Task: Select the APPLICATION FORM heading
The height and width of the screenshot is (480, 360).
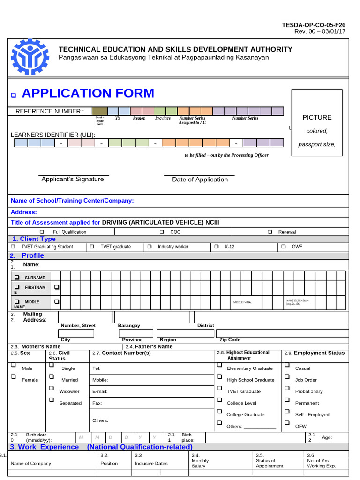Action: pyautogui.click(x=88, y=93)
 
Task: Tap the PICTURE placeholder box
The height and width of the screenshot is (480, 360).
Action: pyautogui.click(x=317, y=130)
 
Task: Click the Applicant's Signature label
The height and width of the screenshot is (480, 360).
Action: pyautogui.click(x=73, y=179)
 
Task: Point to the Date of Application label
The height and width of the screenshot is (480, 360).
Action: pyautogui.click(x=200, y=180)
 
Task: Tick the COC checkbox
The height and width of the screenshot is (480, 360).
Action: pyautogui.click(x=162, y=232)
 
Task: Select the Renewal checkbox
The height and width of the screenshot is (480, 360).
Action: pyautogui.click(x=270, y=232)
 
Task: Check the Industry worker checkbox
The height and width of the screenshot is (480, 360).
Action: pyautogui.click(x=150, y=247)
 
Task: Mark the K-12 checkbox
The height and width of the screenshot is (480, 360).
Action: pyautogui.click(x=217, y=247)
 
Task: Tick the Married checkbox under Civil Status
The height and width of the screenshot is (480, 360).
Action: pyautogui.click(x=52, y=376)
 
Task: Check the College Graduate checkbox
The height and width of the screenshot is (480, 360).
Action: pyautogui.click(x=219, y=411)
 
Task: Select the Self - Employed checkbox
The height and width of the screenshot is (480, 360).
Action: pyautogui.click(x=287, y=411)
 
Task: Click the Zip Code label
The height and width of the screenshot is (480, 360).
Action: pyautogui.click(x=230, y=339)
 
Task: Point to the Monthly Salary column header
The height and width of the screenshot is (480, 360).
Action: pyautogui.click(x=200, y=463)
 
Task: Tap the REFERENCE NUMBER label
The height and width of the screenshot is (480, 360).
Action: pyautogui.click(x=50, y=111)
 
